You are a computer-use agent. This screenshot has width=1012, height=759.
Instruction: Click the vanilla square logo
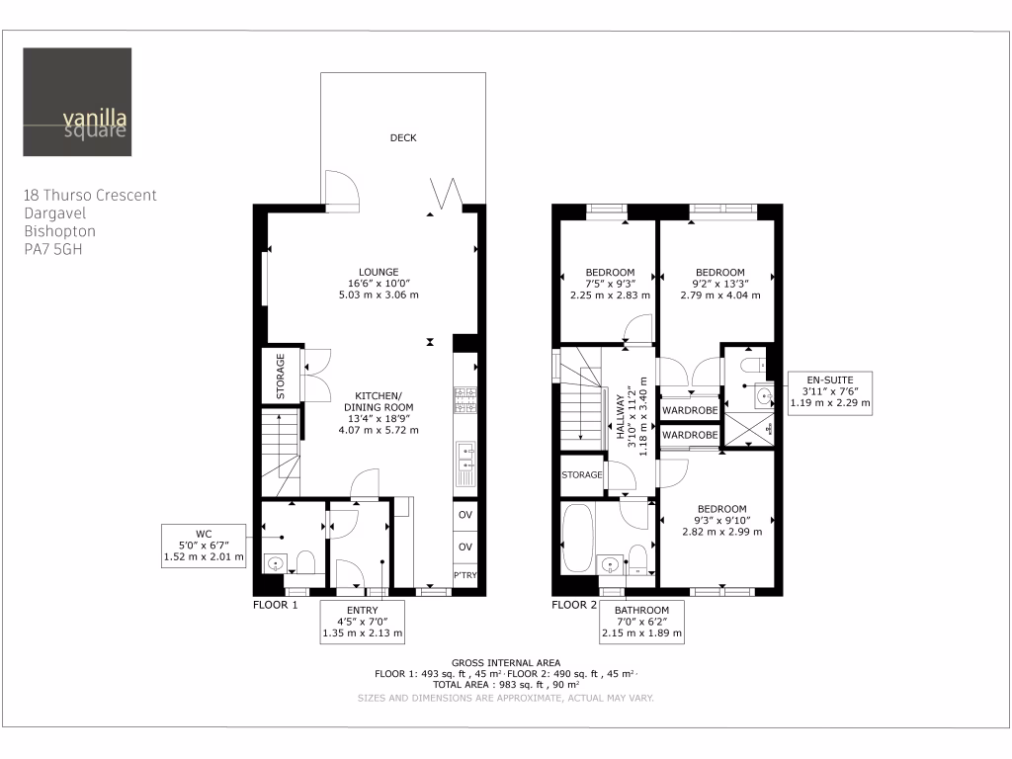77,103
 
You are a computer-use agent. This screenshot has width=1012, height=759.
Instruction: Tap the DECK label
402,138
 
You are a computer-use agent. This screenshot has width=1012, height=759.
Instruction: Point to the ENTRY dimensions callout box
363,622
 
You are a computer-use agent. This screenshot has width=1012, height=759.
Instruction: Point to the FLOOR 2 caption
574,604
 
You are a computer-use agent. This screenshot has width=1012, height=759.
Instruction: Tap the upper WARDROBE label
689,409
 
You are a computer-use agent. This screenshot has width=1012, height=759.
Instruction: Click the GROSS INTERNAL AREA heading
505,662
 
